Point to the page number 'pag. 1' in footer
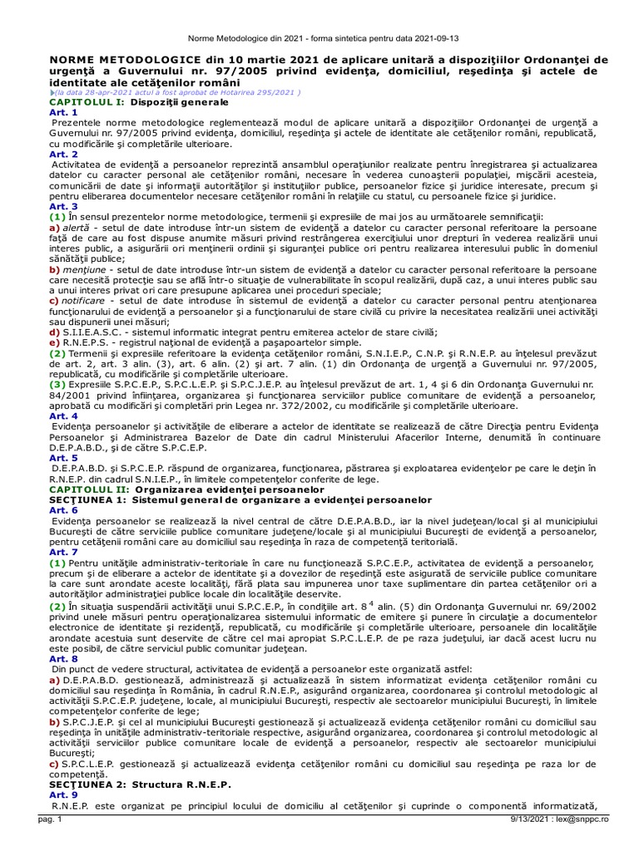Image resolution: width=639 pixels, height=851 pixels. click(38, 843)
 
